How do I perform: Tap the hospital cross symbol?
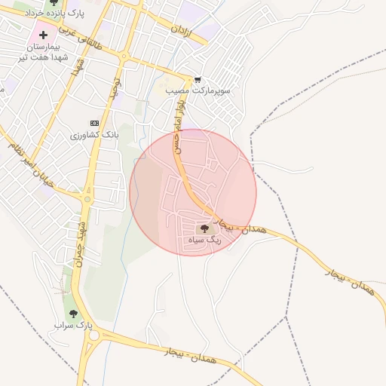click(x=43, y=35)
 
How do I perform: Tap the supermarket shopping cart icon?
click(x=198, y=79)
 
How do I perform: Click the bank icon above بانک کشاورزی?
click(x=94, y=123)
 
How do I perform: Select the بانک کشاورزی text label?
click(x=94, y=134)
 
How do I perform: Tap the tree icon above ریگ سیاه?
click(x=203, y=228)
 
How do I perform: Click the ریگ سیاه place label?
click(x=203, y=240)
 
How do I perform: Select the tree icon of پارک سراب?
click(x=73, y=314)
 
